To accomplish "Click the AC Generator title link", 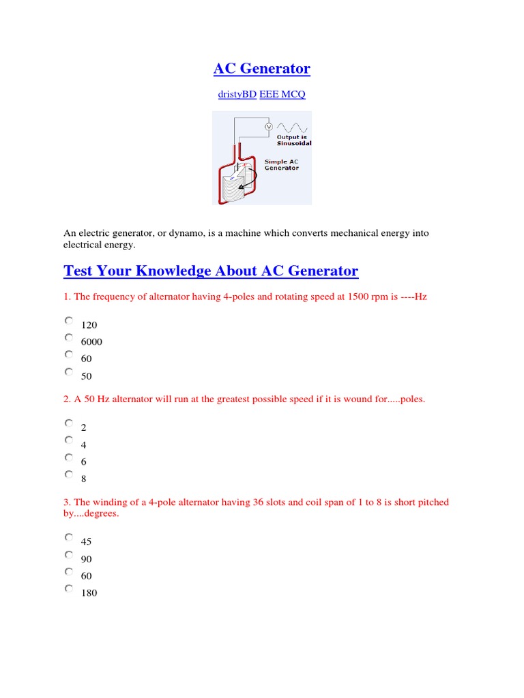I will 261,69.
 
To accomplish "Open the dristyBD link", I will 237,95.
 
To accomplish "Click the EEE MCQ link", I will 282,95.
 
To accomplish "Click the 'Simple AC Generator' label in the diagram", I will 282,165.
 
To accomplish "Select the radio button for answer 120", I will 69,320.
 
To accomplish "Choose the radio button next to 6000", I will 69,337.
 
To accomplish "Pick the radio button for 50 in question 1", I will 69,371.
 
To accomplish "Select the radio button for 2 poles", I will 69,423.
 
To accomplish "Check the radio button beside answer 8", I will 69,474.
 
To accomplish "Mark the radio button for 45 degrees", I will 69,537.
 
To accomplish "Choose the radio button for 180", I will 69,588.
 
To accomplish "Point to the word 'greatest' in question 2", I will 253,399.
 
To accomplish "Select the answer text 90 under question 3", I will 86,559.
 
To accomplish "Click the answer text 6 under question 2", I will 84,462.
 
